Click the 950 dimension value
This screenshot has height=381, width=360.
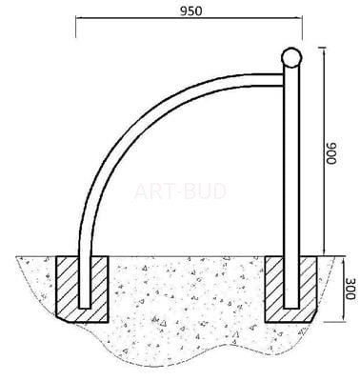point(190,10)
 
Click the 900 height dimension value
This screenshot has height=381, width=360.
point(331,153)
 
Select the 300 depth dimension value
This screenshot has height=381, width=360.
point(350,289)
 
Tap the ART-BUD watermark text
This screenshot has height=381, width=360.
point(180,191)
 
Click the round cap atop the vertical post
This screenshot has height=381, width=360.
point(291,57)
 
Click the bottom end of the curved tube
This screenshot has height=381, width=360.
point(85,308)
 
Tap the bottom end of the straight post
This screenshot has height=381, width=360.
point(291,308)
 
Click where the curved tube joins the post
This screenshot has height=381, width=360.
point(283,80)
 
